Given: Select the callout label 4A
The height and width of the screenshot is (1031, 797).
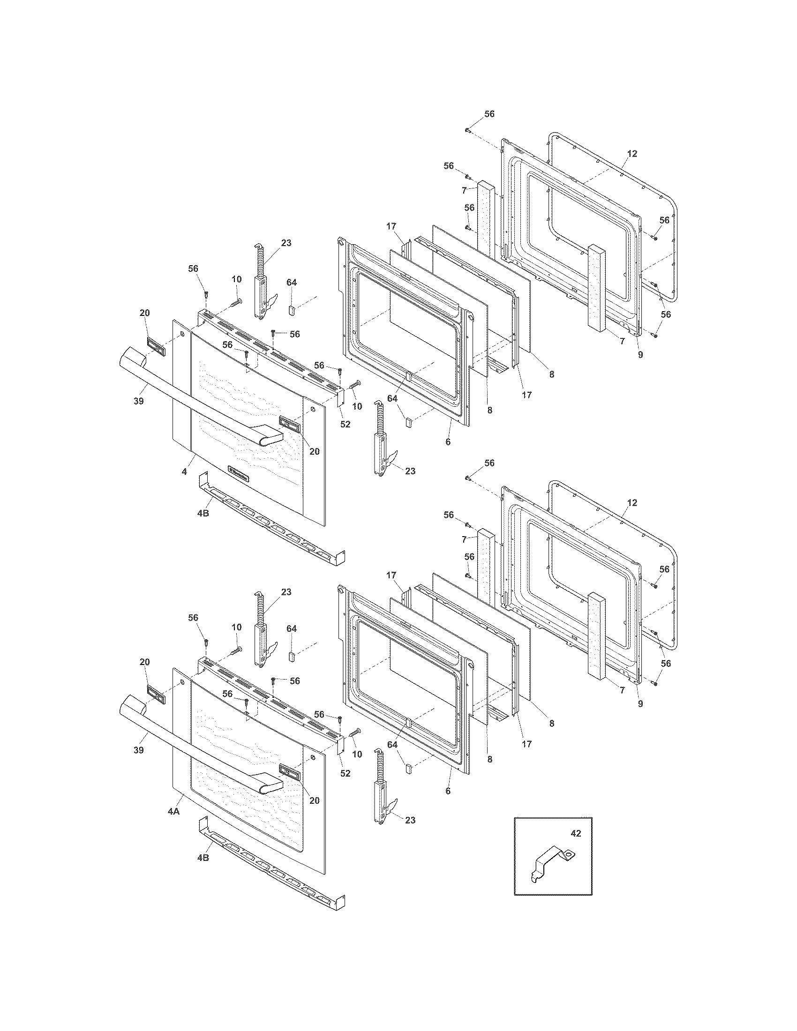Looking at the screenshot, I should tap(173, 811).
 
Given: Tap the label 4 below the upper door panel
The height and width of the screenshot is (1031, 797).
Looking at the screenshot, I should tap(185, 471).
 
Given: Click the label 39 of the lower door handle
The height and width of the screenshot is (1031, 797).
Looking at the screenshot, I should tap(138, 750).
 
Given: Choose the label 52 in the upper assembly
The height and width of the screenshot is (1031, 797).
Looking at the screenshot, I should tap(345, 424).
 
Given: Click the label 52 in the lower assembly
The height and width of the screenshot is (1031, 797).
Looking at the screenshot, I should tap(345, 773).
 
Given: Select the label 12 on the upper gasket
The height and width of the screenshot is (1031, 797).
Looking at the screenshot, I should tap(632, 153).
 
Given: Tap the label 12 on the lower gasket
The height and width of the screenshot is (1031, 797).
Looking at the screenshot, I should tap(632, 503).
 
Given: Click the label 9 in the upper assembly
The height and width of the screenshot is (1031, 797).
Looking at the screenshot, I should tap(640, 355).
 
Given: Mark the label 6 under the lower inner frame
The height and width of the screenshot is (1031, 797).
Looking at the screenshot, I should tap(448, 791).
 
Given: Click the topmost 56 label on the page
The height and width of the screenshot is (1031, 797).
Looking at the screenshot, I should tap(489, 114).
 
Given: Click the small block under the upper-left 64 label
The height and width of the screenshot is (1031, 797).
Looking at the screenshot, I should tap(291, 310).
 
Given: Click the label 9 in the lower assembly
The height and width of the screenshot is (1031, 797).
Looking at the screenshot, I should tap(640, 704).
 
